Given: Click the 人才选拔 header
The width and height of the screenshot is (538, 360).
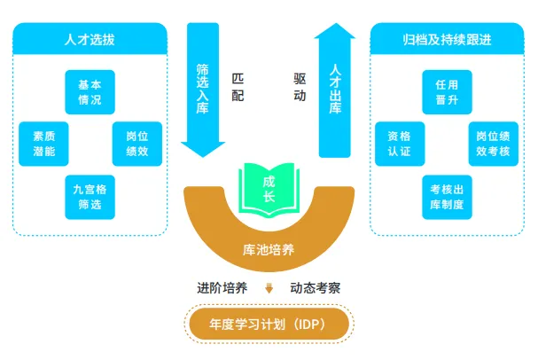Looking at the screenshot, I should click(90, 39).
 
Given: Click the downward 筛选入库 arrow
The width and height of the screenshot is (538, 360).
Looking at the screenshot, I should click(202, 89).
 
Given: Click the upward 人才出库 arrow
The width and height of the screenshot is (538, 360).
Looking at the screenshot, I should click(334, 89).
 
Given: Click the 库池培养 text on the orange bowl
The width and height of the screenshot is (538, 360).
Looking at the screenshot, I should click(269, 250).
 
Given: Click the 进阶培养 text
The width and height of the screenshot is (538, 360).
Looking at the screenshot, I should click(222, 288).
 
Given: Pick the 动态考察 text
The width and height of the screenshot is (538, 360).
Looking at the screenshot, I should click(316, 288).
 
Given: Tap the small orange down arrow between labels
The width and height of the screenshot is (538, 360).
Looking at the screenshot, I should click(269, 288).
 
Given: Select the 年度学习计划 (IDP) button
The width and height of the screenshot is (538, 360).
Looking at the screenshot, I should click(269, 324).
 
